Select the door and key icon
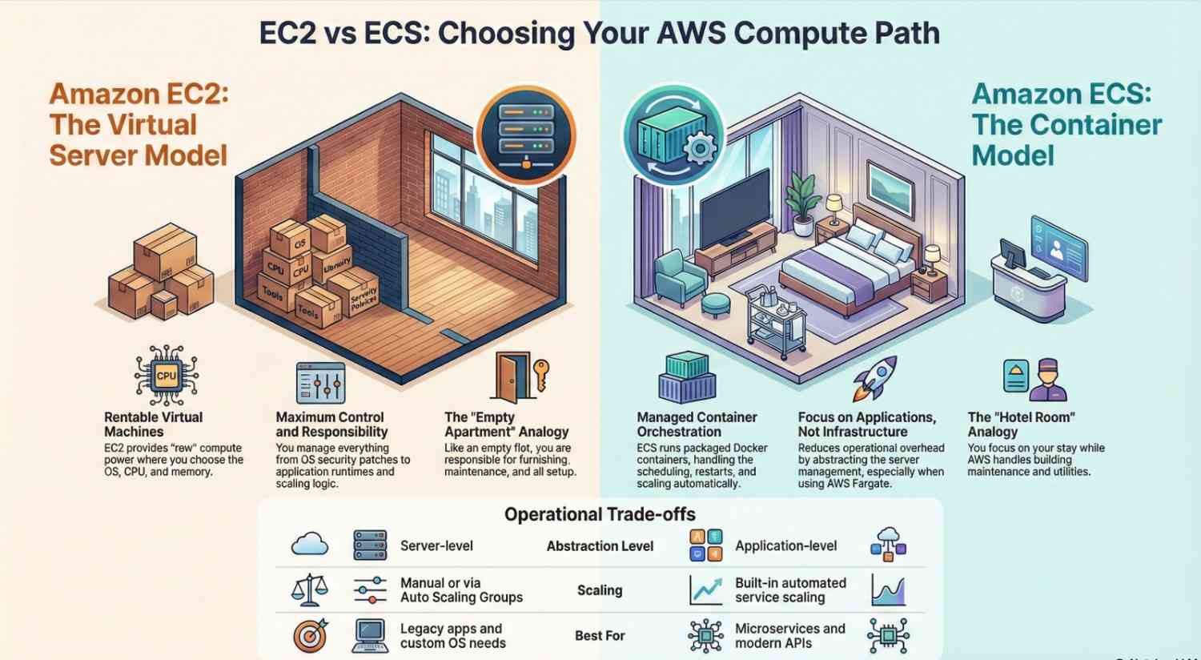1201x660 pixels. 520,376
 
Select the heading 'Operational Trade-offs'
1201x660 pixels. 600,514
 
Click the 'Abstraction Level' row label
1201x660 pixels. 600,546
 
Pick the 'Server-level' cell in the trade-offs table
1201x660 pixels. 436,546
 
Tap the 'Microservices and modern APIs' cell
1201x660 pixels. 789,636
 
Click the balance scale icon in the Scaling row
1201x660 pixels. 309,590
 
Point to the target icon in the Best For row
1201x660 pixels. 310,635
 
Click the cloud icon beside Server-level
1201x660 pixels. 310,545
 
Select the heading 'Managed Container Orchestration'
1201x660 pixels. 697,424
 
